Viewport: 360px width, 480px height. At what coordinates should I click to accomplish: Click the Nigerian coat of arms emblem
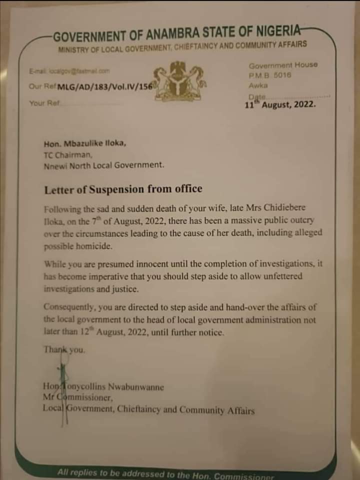[179, 81]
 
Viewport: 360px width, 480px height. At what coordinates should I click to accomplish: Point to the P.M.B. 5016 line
[270, 75]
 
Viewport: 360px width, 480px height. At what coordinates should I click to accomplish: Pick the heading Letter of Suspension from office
[123, 189]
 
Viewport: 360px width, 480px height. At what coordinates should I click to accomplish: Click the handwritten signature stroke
[62, 395]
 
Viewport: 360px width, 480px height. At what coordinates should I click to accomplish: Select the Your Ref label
[44, 103]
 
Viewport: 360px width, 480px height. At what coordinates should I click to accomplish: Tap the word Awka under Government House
[258, 85]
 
